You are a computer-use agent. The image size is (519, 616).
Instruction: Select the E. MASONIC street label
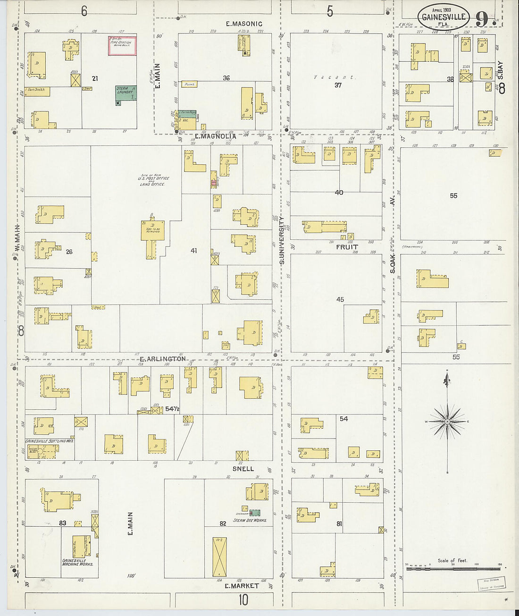tap(244, 24)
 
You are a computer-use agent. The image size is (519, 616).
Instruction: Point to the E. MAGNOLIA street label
tap(215, 136)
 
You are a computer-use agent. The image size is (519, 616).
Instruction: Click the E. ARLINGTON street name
tap(163, 359)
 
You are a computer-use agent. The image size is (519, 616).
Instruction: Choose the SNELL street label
tap(243, 469)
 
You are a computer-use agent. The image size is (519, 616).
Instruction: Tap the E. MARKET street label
tap(242, 586)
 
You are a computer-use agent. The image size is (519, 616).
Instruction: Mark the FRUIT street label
tap(347, 247)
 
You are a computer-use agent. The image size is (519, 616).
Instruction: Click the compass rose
tap(447, 420)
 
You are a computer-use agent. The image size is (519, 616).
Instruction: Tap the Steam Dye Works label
tap(250, 520)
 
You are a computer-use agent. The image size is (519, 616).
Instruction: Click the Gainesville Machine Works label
tap(78, 562)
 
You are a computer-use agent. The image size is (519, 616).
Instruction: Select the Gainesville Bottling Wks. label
tap(49, 441)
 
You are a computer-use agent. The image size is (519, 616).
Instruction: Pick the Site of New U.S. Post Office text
tap(154, 180)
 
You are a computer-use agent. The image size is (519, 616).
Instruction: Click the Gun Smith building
tap(38, 91)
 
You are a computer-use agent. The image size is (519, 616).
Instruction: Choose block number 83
tap(63, 523)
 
